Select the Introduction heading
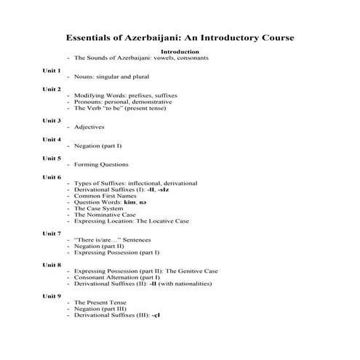tap(180, 52)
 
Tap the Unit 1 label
tap(52, 71)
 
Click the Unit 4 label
tap(52, 139)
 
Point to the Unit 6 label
tap(52, 177)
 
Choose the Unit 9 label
tap(52, 296)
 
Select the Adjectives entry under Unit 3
tap(91, 127)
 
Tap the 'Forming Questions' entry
tap(101, 164)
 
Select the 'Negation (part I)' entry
tap(98, 145)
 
